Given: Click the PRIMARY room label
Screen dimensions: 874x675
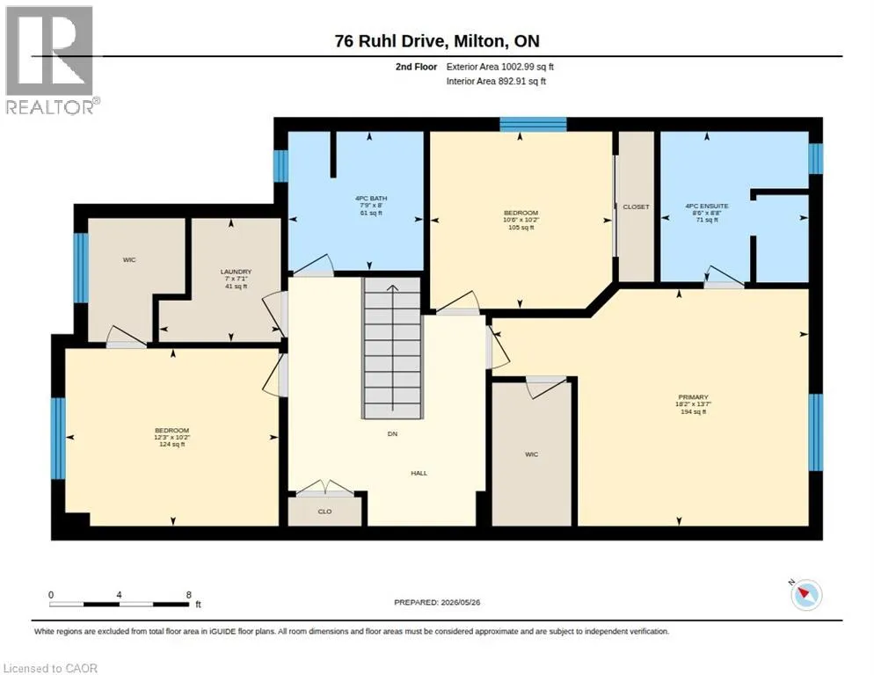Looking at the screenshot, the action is (693, 397).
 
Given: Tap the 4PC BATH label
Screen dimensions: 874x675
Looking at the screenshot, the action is (371, 199).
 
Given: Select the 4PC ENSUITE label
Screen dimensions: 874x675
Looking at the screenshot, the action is (707, 206).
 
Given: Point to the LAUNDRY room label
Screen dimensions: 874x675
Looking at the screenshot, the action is (236, 272).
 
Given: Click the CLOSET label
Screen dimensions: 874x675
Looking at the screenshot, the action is (636, 207).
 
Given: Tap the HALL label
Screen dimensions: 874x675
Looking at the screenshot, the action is (419, 473).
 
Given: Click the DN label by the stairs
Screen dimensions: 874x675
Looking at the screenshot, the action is (392, 433).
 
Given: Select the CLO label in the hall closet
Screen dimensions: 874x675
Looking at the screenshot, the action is (324, 512).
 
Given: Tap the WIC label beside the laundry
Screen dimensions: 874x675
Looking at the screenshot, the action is (129, 260).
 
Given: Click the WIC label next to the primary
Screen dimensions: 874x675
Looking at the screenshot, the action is (532, 454).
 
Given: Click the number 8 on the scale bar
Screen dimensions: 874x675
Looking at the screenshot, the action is (189, 595).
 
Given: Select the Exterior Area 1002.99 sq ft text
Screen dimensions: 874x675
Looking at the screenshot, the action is (500, 67).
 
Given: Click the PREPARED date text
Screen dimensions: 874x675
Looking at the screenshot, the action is (437, 603).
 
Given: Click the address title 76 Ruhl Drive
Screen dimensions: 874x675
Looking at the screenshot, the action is (390, 40).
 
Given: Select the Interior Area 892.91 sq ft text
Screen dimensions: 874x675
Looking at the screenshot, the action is (496, 82).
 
